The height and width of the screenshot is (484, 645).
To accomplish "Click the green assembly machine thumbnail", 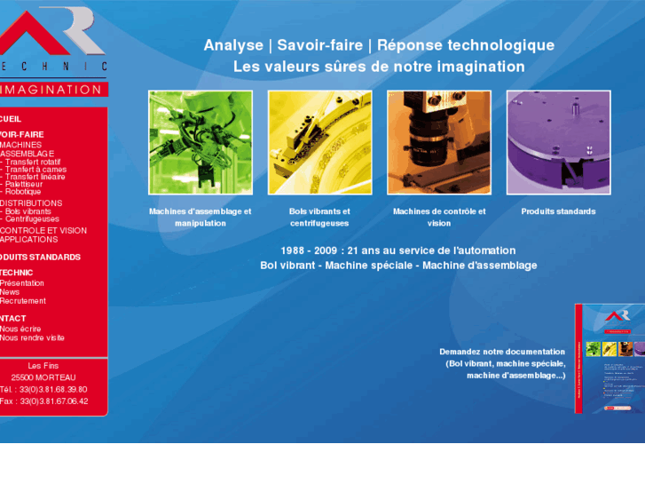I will point(200,142).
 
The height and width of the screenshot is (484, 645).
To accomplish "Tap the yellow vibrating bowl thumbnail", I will point(319,142).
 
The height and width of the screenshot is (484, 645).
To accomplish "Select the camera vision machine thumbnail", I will point(439,142).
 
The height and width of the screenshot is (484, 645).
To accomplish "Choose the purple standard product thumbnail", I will point(558,142).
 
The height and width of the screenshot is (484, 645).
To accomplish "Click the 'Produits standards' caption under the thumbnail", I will point(558,211).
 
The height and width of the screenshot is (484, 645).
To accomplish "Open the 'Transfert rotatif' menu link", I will point(32,163).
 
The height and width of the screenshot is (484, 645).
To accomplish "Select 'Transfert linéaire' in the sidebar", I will point(33,177).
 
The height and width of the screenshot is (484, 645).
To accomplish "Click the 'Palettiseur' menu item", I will point(23,184).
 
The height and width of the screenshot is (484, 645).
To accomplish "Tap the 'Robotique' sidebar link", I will point(22,192).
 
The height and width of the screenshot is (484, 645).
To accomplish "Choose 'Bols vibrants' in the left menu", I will point(28,211).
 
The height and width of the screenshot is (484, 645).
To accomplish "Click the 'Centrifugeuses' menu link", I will point(31,219).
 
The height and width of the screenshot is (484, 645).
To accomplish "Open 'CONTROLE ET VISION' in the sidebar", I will point(43,230).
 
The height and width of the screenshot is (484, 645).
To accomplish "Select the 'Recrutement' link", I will point(23,301).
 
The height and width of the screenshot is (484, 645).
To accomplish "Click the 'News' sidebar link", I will point(10,292).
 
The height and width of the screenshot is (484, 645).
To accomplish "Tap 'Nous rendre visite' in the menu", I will point(33,338).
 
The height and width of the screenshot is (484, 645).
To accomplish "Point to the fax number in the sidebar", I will point(44,401).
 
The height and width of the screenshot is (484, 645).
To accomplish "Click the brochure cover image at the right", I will point(608,358).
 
